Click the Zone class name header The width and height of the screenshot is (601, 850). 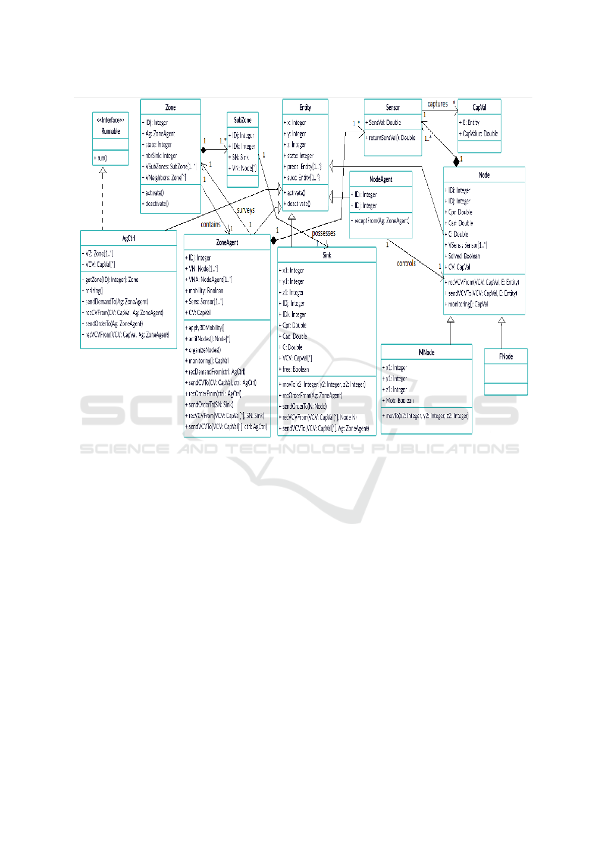coord(171,108)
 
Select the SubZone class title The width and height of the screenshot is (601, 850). coord(243,120)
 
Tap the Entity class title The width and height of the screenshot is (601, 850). coord(305,108)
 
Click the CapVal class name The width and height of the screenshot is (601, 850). coord(479,108)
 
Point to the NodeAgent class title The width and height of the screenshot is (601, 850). coord(381,179)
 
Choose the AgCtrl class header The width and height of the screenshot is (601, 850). coord(129,238)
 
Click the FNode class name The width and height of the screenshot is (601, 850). coord(506,356)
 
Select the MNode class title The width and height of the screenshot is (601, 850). coord(426,352)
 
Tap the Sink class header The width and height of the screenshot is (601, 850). coord(327,255)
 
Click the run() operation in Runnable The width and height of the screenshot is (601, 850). coord(101,158)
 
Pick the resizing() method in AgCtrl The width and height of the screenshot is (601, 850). coord(94,291)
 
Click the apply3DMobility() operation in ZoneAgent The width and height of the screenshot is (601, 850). coord(206,328)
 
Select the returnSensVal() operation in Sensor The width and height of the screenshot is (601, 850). coord(392,138)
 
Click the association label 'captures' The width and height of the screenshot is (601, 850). coord(438,104)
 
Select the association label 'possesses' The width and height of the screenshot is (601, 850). coord(323,233)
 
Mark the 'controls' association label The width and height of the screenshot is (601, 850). coord(406,263)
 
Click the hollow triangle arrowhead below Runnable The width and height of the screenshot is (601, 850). coord(103,171)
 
